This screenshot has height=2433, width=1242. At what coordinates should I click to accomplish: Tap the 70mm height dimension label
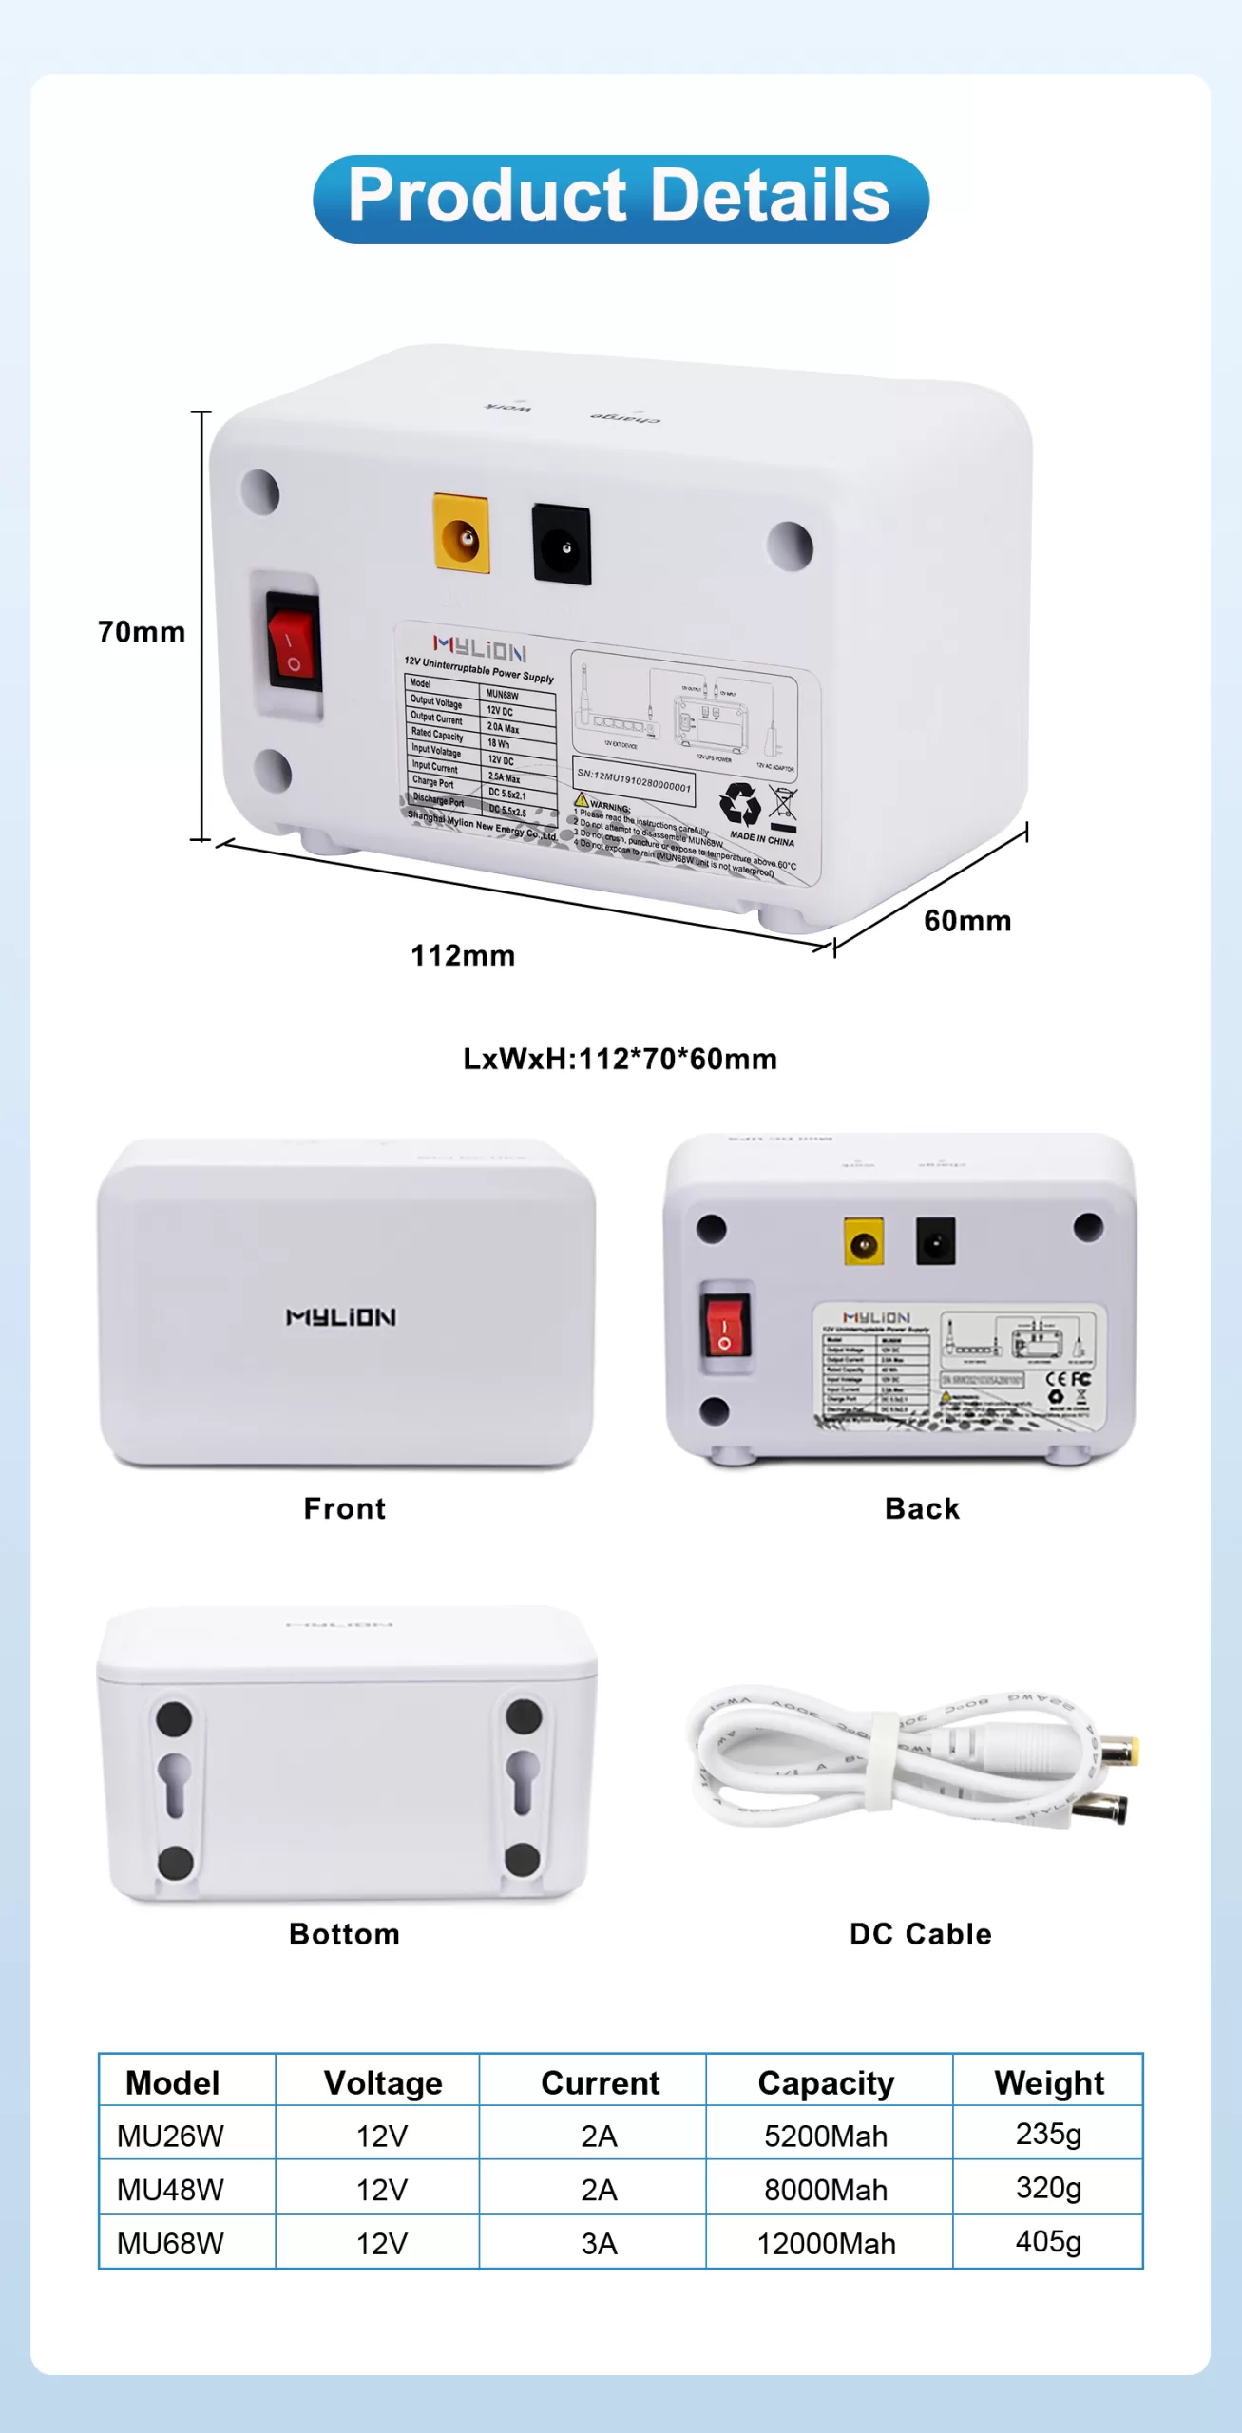tap(142, 632)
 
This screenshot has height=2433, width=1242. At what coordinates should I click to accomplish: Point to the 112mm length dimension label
tap(463, 955)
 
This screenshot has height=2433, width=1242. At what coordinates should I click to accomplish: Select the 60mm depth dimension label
tap(967, 921)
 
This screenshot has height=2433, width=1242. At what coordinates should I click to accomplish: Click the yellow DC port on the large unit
tap(462, 534)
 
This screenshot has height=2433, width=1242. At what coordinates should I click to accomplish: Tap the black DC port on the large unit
tap(562, 545)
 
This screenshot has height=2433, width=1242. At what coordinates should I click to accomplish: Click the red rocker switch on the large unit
tap(293, 642)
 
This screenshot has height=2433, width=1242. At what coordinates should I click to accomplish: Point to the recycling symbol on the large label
tap(739, 803)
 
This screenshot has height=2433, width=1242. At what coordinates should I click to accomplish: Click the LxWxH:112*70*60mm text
tap(620, 1059)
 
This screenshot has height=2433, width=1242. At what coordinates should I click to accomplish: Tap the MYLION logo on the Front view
tap(341, 1317)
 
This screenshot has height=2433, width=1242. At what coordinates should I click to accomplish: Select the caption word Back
tap(922, 1508)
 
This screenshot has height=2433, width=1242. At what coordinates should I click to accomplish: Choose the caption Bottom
tap(344, 1934)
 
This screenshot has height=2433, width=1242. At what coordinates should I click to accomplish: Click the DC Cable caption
tap(920, 1934)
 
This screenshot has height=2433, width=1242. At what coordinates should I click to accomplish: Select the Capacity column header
tap(826, 2082)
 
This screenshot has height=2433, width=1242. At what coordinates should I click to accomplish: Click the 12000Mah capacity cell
tap(826, 2243)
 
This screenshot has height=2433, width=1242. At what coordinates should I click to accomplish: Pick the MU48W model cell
tap(170, 2190)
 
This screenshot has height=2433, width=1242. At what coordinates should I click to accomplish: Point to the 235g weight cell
tap(1048, 2134)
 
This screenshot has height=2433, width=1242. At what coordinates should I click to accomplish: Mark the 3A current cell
tap(599, 2243)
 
